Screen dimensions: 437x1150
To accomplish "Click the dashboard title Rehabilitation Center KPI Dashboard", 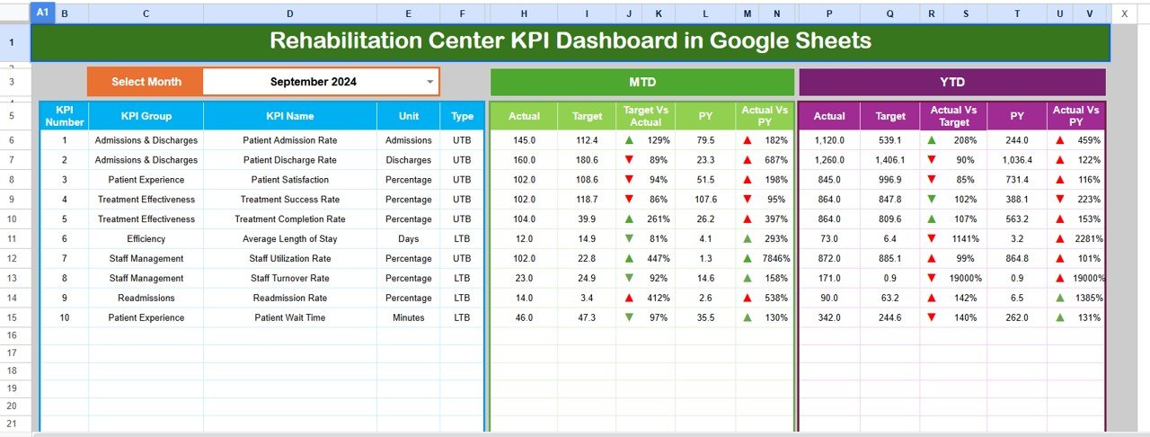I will pyautogui.click(x=570, y=41).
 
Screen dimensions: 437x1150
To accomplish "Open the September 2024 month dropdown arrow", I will pyautogui.click(x=430, y=82).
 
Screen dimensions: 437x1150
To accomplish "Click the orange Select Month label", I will pyautogui.click(x=146, y=82).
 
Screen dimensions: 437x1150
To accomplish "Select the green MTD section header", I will pyautogui.click(x=641, y=82).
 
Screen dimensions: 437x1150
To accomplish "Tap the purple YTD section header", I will pyautogui.click(x=951, y=82).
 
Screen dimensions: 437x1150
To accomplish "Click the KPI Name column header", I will pyautogui.click(x=289, y=116).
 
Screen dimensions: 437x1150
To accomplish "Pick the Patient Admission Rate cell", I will pyautogui.click(x=289, y=140).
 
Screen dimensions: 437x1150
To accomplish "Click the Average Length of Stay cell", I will pyautogui.click(x=289, y=239).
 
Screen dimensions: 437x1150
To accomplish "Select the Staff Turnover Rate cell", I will pyautogui.click(x=289, y=279).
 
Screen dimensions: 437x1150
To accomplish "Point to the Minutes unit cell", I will pyautogui.click(x=408, y=317).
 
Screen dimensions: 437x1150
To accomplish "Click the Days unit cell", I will pyautogui.click(x=408, y=239).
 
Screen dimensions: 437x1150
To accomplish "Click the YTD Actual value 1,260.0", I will pyautogui.click(x=829, y=160).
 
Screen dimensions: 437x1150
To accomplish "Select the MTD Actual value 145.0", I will pyautogui.click(x=525, y=140).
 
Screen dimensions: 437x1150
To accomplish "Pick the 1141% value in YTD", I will pyautogui.click(x=966, y=239).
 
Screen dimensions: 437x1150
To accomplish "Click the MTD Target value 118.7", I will pyautogui.click(x=587, y=200).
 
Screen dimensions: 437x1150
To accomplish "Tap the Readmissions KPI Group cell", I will pyautogui.click(x=145, y=299).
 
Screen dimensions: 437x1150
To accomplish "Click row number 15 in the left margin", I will pyautogui.click(x=13, y=318).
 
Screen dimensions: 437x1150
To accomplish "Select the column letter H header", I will pyautogui.click(x=524, y=13).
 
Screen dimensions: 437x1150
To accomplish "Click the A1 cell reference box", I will pyautogui.click(x=42, y=13).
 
